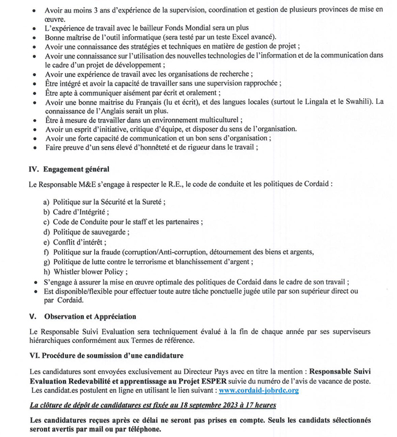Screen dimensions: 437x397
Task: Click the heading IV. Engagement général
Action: (x=69, y=169)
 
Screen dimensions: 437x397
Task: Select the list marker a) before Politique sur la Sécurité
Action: (x=47, y=202)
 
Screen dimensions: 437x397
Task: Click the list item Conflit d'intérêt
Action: (x=79, y=242)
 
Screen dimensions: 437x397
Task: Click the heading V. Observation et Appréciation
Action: (x=82, y=316)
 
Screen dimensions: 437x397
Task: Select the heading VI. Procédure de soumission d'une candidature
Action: (x=105, y=355)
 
